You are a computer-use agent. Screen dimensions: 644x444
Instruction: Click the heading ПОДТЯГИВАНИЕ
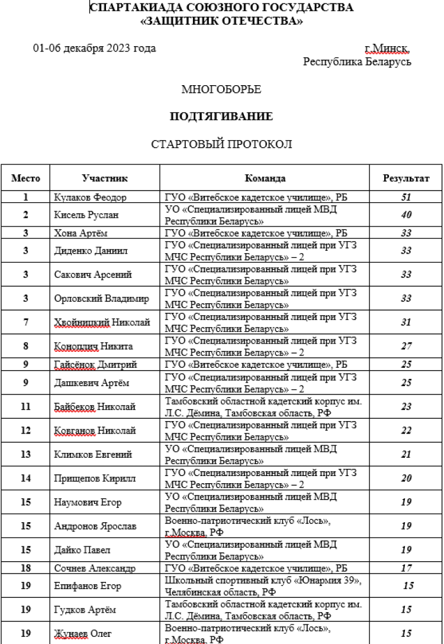221,117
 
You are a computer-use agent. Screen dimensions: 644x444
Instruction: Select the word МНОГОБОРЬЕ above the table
221,90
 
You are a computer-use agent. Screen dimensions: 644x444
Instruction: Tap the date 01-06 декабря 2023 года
95,48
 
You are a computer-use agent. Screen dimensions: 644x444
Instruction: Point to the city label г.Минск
388,48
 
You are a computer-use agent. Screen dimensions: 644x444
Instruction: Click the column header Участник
105,178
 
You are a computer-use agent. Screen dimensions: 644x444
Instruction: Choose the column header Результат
406,178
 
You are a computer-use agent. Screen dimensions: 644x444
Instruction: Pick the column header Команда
265,178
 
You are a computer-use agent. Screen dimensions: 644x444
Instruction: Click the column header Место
25,178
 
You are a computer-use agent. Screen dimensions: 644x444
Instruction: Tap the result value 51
406,198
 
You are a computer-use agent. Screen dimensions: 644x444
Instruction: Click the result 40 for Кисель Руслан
406,215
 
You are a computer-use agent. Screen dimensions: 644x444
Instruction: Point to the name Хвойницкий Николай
102,322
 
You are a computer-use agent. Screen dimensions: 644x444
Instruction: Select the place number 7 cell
25,322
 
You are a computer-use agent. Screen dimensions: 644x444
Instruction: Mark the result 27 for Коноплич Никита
406,346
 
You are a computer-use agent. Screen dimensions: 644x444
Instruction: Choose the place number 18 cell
25,568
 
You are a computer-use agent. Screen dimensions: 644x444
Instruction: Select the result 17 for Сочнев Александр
406,568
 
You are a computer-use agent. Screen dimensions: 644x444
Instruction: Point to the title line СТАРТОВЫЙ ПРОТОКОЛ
221,144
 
